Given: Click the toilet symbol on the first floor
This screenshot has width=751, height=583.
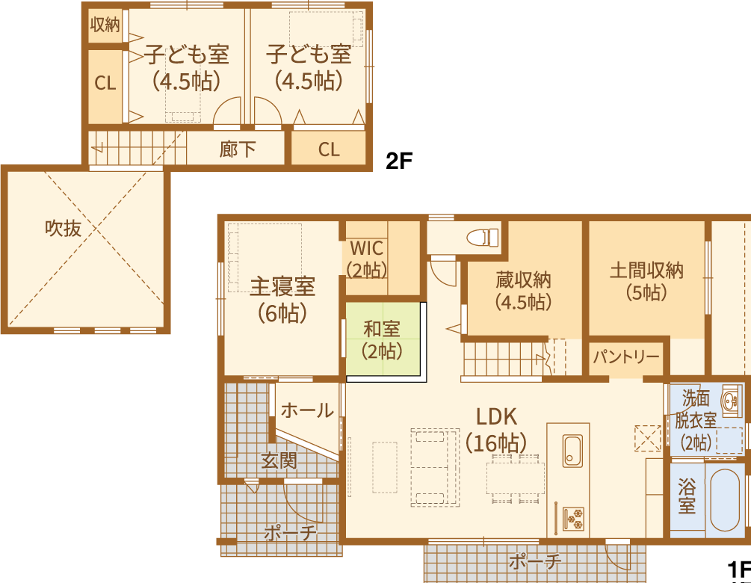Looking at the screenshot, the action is pyautogui.click(x=483, y=237).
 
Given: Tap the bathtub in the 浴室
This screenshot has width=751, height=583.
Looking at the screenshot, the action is pyautogui.click(x=725, y=499).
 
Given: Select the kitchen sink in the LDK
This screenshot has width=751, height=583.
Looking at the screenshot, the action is pyautogui.click(x=572, y=451).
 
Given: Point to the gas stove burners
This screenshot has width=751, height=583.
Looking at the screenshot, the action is pyautogui.click(x=573, y=519).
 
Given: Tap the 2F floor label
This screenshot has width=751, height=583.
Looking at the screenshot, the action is pyautogui.click(x=398, y=161).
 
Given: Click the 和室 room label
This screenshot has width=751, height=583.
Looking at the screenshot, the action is pyautogui.click(x=382, y=330).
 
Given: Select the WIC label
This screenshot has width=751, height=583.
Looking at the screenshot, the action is pyautogui.click(x=367, y=248).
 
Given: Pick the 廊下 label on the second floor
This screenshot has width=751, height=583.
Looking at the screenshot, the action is pyautogui.click(x=238, y=149).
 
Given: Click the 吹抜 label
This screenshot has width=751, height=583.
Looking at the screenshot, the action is pyautogui.click(x=64, y=228).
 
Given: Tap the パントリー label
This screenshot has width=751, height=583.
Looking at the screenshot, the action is pyautogui.click(x=626, y=357).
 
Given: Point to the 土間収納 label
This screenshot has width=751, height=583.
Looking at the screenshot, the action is pyautogui.click(x=646, y=271).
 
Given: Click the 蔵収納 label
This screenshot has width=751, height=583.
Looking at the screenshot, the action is pyautogui.click(x=523, y=280).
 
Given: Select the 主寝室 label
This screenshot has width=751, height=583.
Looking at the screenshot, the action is pyautogui.click(x=282, y=286).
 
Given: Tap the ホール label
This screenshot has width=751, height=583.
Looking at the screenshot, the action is pyautogui.click(x=307, y=410).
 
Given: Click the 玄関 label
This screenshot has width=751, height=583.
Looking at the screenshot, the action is pyautogui.click(x=279, y=461).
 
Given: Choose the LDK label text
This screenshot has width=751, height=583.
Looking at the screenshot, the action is pyautogui.click(x=497, y=417).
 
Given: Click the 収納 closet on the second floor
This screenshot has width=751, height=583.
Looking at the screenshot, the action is pyautogui.click(x=105, y=25).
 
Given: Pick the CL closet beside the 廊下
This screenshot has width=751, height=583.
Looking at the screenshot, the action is pyautogui.click(x=329, y=149).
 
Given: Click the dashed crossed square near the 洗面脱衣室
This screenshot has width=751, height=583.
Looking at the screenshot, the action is pyautogui.click(x=648, y=438).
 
